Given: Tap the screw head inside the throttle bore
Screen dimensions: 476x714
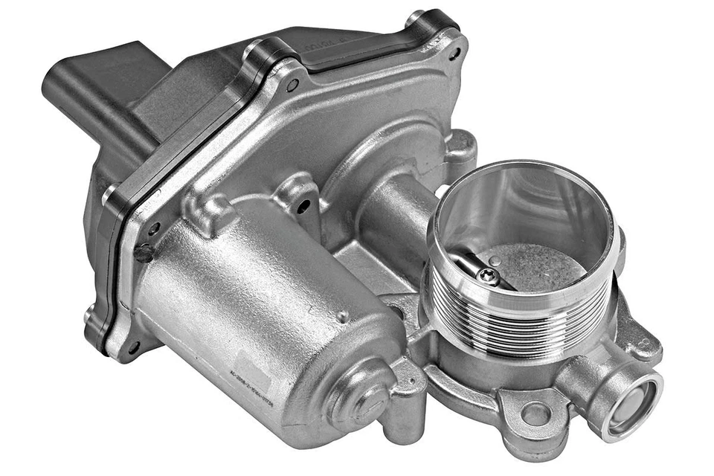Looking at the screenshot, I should point(489,277).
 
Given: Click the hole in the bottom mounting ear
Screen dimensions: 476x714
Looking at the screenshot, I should point(535,414).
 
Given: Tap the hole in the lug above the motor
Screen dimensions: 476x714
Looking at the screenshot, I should point(303,205).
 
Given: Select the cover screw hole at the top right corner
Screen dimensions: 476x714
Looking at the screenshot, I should point(454,54).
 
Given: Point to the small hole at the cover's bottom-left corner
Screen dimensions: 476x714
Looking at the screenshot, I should point(134,347).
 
